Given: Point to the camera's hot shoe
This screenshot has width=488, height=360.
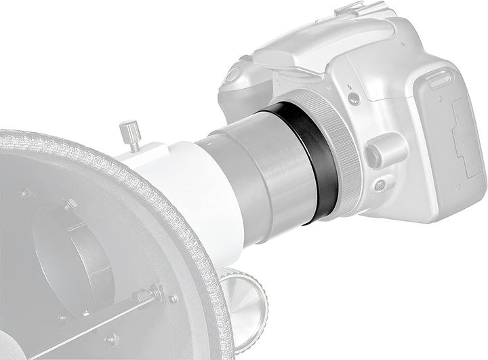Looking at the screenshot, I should [357, 9].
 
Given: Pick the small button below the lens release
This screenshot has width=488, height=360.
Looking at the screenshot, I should [379, 184].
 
